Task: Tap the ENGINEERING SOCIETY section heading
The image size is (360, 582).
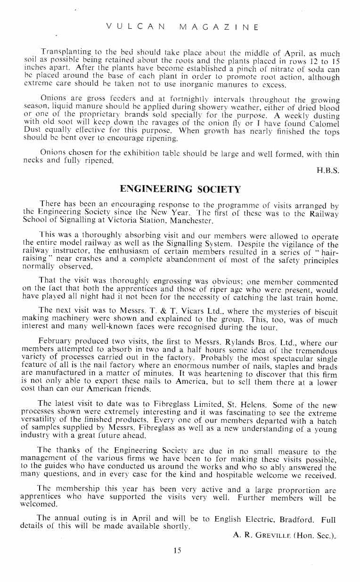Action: pos(181,189)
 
